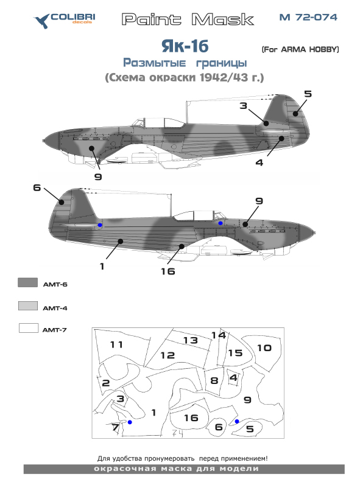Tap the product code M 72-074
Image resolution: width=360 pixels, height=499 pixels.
pyautogui.click(x=308, y=18)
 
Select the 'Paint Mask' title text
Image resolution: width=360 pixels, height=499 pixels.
pyautogui.click(x=187, y=19)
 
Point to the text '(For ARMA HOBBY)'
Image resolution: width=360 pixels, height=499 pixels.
pyautogui.click(x=299, y=49)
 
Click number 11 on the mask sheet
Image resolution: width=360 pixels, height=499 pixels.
pyautogui.click(x=116, y=344)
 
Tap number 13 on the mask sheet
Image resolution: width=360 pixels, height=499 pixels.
pyautogui.click(x=191, y=340)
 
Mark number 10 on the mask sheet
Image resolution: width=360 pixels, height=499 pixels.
pyautogui.click(x=264, y=347)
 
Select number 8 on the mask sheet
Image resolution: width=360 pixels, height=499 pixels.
pyautogui.click(x=214, y=380)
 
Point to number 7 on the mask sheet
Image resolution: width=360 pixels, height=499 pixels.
pyautogui.click(x=115, y=427)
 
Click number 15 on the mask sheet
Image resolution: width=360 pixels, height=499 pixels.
pyautogui.click(x=235, y=352)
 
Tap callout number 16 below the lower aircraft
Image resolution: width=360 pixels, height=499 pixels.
pyautogui.click(x=168, y=271)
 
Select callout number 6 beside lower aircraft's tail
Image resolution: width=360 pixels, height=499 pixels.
pyautogui.click(x=37, y=188)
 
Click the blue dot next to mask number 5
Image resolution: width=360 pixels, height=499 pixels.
pyautogui.click(x=237, y=421)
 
